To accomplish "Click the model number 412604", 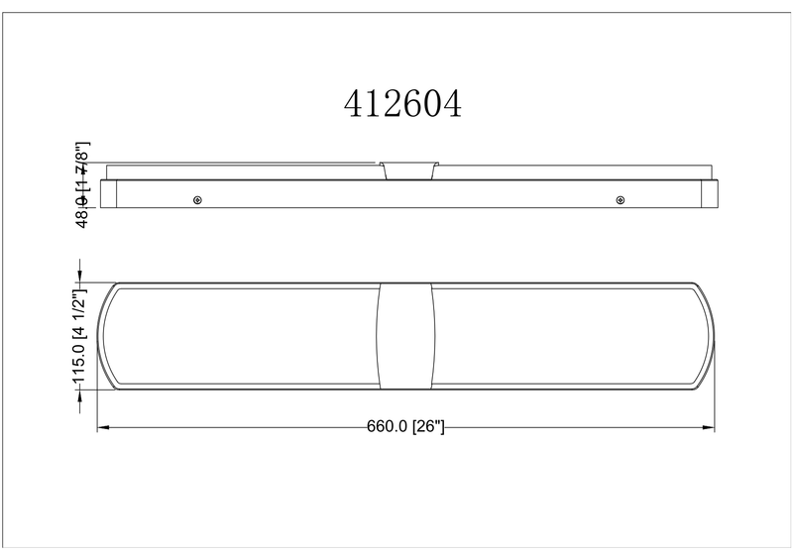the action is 402,104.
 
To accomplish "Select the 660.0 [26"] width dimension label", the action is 405,426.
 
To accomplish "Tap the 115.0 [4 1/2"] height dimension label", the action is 80,337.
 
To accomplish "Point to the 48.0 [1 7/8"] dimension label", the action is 82,184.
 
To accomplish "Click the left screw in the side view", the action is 197,200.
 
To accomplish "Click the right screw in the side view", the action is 621,200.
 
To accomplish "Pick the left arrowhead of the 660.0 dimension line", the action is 103,428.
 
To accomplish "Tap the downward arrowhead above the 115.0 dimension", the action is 79,276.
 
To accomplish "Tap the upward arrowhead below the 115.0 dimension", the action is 79,396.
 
